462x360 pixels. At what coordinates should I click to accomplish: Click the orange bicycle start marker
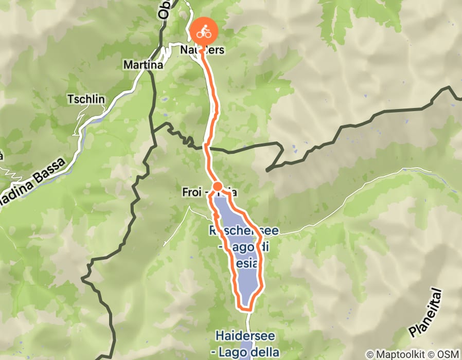tap(204, 32)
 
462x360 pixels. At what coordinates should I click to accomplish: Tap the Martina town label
tap(143, 65)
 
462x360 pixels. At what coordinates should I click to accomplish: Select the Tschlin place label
tap(85, 100)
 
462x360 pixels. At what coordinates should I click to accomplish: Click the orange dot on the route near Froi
tap(218, 186)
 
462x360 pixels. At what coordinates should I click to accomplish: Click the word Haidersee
tap(245, 336)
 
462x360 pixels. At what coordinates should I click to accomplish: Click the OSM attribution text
tap(447, 354)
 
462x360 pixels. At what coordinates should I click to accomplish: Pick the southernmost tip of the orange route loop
tap(245, 309)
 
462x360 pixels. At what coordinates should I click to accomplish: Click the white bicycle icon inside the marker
tap(204, 32)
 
